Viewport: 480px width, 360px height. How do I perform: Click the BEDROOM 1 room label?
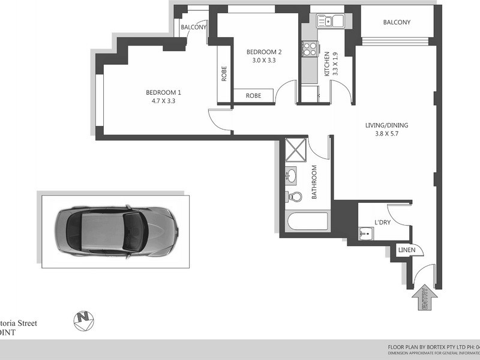click(x=163, y=92)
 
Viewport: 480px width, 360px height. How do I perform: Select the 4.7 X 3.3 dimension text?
click(x=163, y=101)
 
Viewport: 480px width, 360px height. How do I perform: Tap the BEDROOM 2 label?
click(x=264, y=52)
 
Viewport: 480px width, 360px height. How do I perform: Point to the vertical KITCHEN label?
click(x=327, y=63)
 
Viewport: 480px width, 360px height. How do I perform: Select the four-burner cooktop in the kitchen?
click(x=310, y=48)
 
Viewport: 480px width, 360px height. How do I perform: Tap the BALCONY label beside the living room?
click(x=397, y=23)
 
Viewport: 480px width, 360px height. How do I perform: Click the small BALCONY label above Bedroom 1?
click(x=194, y=28)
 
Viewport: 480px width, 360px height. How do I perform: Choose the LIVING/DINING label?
click(x=386, y=125)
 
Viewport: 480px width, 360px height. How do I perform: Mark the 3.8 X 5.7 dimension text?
click(x=386, y=134)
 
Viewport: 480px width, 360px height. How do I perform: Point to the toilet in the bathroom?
click(x=294, y=196)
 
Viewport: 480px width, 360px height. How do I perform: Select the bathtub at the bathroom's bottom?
click(x=308, y=221)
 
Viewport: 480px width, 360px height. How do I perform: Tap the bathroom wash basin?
click(x=293, y=175)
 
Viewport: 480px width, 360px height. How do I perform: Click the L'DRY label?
click(x=383, y=223)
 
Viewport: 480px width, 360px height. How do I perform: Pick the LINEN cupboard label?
click(x=407, y=250)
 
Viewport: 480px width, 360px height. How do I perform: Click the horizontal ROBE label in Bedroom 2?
click(x=253, y=95)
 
